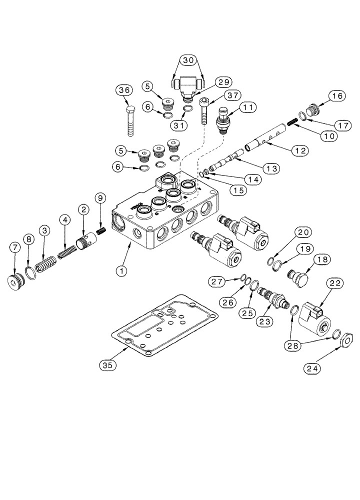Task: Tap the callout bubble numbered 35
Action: [109, 365]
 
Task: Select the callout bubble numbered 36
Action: [125, 90]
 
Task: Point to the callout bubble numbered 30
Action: [188, 60]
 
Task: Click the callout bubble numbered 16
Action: [336, 96]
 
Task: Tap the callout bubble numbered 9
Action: [100, 198]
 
